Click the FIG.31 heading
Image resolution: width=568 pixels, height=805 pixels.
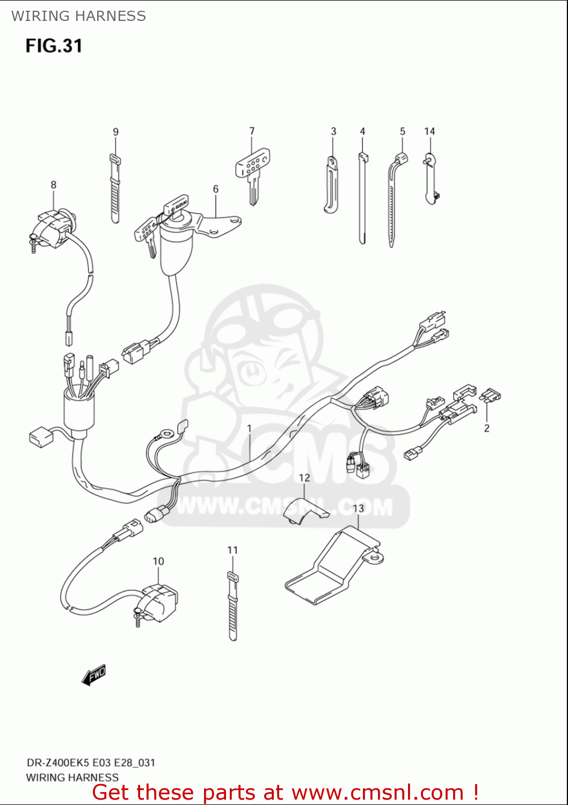tap(54, 46)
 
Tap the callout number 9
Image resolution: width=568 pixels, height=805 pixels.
tap(115, 132)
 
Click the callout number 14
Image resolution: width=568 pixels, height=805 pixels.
tap(429, 131)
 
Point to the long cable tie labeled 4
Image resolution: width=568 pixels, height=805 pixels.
tap(362, 199)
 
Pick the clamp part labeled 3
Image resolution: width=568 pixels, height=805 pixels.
tap(331, 185)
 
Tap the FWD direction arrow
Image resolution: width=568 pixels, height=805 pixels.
tap(94, 675)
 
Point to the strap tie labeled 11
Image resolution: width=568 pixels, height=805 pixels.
tap(232, 606)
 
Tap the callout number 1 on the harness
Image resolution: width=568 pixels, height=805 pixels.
tap(249, 428)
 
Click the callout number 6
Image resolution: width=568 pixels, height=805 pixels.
tap(216, 189)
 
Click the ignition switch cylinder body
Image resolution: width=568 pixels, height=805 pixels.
tap(177, 247)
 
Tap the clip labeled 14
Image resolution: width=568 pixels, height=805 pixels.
tap(431, 180)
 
